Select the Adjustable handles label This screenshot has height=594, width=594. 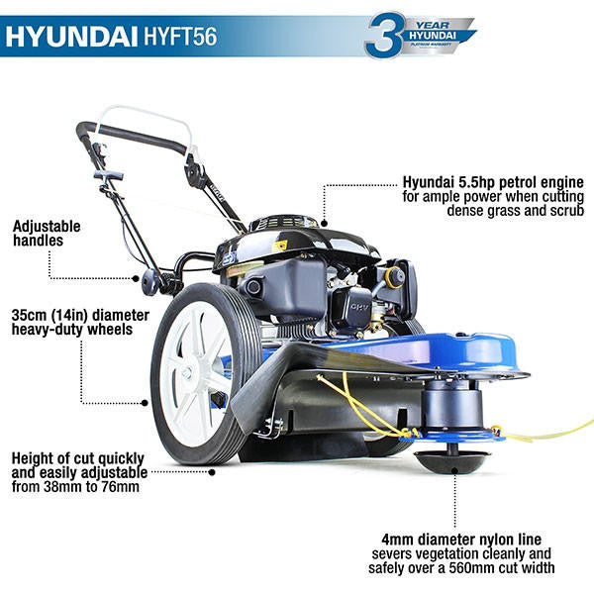[48, 233]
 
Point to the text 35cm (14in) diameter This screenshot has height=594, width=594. [78, 315]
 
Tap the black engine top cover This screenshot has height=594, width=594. [297, 238]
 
